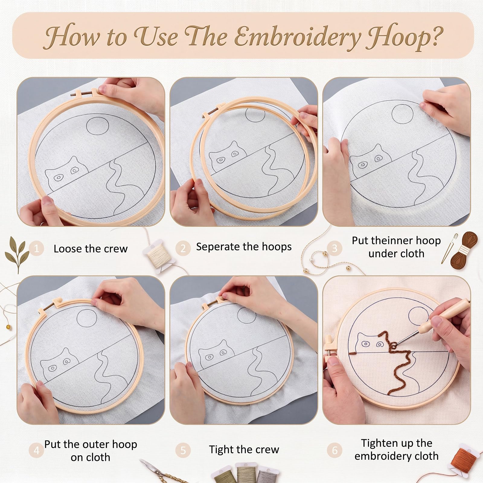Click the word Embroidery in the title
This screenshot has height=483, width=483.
[x=298, y=37]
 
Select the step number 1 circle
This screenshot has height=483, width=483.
[x=37, y=249]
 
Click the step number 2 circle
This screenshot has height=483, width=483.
[x=183, y=248]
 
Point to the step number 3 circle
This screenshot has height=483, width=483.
[x=334, y=248]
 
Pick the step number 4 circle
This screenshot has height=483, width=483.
[x=37, y=450]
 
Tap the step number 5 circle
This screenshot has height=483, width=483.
[x=183, y=450]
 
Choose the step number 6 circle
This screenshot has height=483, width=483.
[x=334, y=450]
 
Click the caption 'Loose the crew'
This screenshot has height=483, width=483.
[x=91, y=249]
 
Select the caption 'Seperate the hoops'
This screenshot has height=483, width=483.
[x=244, y=247]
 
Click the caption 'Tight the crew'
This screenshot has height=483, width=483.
[x=244, y=449]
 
